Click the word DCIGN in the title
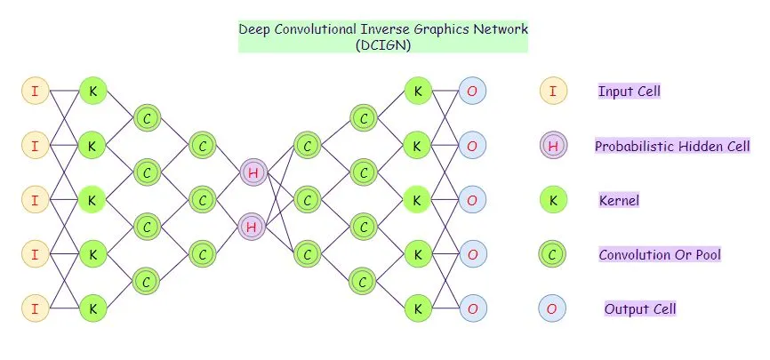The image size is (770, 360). pyautogui.click(x=382, y=44)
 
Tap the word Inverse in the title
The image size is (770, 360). pyautogui.click(x=391, y=28)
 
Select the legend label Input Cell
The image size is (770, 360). pyautogui.click(x=629, y=92)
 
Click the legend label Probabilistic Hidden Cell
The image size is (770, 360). pyautogui.click(x=672, y=146)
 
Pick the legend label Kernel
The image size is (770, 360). pyautogui.click(x=619, y=201)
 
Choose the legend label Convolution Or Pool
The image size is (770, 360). pyautogui.click(x=659, y=255)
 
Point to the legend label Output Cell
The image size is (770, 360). pyautogui.click(x=640, y=309)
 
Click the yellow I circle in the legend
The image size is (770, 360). pyautogui.click(x=553, y=91)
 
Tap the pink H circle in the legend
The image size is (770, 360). pyautogui.click(x=553, y=146)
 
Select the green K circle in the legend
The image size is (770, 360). pyautogui.click(x=553, y=201)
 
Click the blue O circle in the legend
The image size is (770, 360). pyautogui.click(x=553, y=309)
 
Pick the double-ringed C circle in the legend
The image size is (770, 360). pyautogui.click(x=553, y=255)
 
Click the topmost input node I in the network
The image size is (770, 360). pyautogui.click(x=35, y=90)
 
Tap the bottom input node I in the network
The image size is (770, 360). pyautogui.click(x=35, y=308)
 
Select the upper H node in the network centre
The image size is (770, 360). pyautogui.click(x=253, y=172)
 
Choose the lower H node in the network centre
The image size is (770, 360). pyautogui.click(x=253, y=228)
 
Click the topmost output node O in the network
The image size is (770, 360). pyautogui.click(x=472, y=90)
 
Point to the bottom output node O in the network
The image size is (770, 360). pyautogui.click(x=472, y=308)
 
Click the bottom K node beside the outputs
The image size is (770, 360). pyautogui.click(x=417, y=308)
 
